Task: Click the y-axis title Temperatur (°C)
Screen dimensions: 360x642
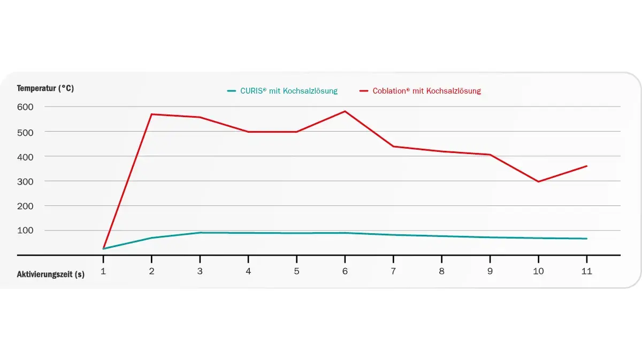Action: point(45,89)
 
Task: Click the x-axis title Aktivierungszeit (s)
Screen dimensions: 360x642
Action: point(50,274)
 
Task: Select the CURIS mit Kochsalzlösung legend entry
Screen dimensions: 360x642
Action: point(282,91)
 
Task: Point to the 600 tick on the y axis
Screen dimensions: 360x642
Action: point(25,106)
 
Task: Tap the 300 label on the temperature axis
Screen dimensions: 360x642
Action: point(25,181)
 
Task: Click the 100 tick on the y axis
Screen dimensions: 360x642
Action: point(25,231)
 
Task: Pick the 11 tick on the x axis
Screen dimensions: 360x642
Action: point(586,271)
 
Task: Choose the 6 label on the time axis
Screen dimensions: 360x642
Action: point(345,271)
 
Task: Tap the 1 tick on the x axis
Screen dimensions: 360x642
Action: point(103,271)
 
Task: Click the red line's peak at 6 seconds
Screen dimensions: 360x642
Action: point(345,111)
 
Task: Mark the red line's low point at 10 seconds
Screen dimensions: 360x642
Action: point(538,182)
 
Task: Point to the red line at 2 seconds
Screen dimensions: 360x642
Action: point(152,114)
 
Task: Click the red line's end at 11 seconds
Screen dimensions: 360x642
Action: point(586,166)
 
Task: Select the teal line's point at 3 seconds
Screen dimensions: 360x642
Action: point(200,233)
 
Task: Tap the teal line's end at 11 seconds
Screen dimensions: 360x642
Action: point(586,239)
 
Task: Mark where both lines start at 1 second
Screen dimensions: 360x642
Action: point(103,249)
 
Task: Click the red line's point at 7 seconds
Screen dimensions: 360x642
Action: point(393,147)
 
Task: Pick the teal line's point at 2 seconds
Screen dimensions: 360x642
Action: point(152,238)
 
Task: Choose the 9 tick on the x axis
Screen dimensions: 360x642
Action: point(490,271)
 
